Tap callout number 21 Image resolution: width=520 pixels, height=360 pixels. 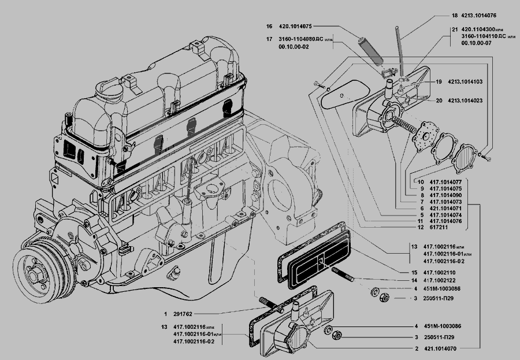coord(455,29)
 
